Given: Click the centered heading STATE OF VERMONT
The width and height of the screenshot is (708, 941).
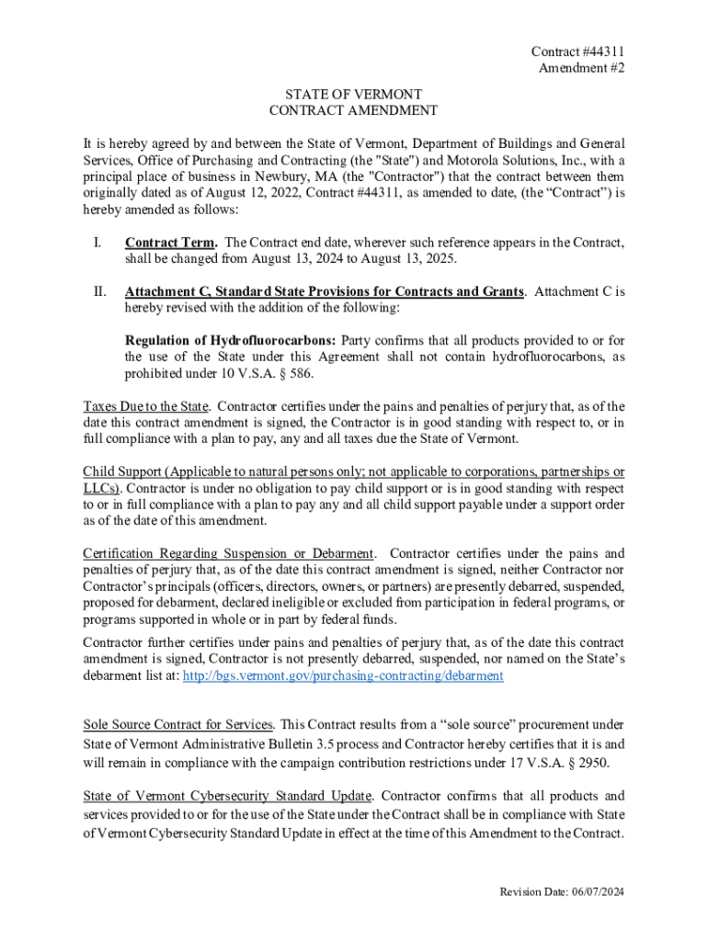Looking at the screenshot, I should [x=353, y=95].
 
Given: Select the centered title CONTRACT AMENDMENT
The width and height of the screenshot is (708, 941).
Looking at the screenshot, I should [x=353, y=111].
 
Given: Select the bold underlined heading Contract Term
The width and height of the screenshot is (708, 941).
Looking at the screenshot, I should [x=171, y=243].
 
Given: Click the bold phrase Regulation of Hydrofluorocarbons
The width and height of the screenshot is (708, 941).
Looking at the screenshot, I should [x=229, y=341].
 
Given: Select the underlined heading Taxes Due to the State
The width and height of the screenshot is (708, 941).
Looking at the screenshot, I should [x=147, y=406].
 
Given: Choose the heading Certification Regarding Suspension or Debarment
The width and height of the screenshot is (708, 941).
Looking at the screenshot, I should [x=229, y=553].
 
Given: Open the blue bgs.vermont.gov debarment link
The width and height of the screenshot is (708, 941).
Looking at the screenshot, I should [x=343, y=675].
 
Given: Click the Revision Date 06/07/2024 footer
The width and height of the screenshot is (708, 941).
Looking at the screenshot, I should [x=562, y=892].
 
